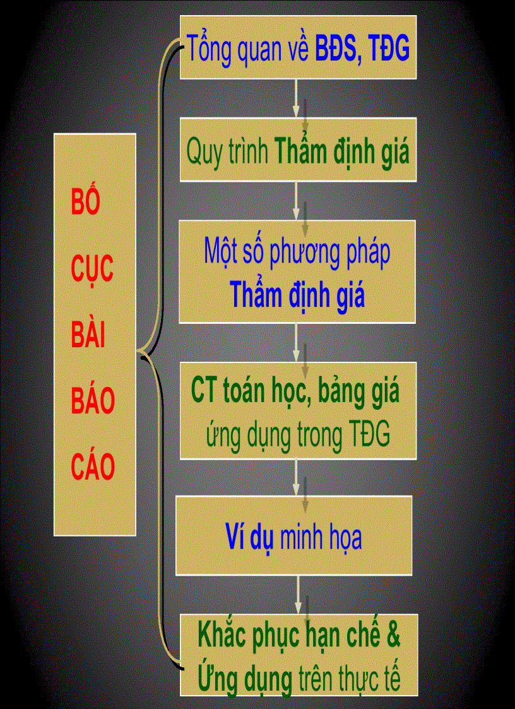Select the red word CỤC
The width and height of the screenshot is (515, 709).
point(92,268)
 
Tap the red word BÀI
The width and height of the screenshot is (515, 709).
point(88,335)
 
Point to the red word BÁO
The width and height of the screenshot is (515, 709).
point(92,401)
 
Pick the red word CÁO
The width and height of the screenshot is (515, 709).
point(92,467)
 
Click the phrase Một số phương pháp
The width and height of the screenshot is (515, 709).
point(297,251)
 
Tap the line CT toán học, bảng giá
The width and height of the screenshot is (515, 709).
point(295,391)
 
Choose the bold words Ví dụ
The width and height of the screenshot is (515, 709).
point(248,537)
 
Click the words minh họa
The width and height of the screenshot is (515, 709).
point(321,537)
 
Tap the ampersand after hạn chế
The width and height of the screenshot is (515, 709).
point(393,636)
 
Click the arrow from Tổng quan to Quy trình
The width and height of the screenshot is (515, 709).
point(296,98)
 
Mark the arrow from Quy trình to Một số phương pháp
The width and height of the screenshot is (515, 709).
point(296,201)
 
